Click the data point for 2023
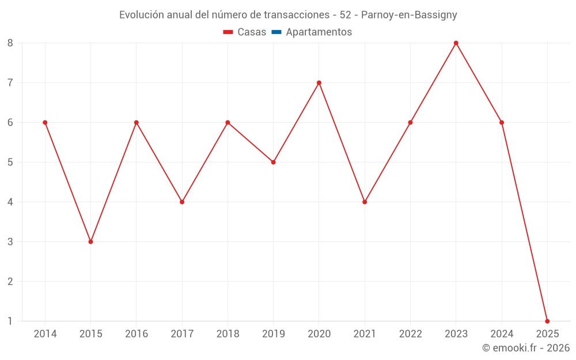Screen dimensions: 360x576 coord(456,43)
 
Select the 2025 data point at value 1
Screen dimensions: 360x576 coord(547,321)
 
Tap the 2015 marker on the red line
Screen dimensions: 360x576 coord(90,241)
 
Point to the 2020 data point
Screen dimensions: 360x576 coord(319,82)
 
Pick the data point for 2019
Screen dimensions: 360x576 coord(273,162)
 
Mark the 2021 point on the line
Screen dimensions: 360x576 coord(365,202)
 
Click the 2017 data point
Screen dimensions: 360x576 coord(182,202)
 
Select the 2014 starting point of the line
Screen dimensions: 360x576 coord(45,122)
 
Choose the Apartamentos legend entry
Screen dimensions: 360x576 coord(319,32)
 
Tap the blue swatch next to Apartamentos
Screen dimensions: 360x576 coord(276,32)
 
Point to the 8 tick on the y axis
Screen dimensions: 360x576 coord(10,43)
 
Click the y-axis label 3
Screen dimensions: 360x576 coord(10,242)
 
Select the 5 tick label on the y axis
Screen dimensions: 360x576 coord(10,162)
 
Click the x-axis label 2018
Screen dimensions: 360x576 coord(228,334)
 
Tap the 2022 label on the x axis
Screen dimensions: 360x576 coord(410,334)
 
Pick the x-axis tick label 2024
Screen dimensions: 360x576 coord(502,334)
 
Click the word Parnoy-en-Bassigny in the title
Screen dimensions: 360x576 coord(409,15)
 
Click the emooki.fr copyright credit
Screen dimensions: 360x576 coord(525,348)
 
